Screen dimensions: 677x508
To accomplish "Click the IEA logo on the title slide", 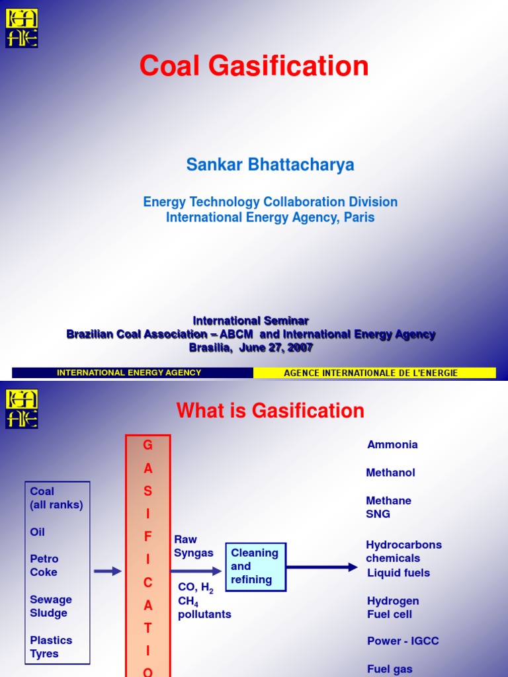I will [22, 28].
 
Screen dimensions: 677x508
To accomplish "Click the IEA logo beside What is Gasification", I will [22, 409].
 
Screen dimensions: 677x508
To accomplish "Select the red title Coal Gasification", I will [254, 67].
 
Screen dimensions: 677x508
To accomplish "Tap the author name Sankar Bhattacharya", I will [270, 165].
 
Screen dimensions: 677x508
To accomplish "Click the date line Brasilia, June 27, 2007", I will [251, 348].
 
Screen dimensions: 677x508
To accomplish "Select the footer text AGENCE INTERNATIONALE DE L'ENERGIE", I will [370, 373].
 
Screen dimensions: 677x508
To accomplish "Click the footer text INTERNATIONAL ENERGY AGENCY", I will [129, 373].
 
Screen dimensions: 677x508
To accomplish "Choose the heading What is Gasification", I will [270, 411].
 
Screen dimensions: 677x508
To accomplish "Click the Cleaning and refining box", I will [255, 567].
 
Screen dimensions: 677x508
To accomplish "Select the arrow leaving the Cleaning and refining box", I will [322, 567].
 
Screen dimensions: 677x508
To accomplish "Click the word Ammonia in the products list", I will [392, 445].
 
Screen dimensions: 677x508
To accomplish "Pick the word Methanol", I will [390, 473].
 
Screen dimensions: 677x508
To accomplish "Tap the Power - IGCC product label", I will [403, 641].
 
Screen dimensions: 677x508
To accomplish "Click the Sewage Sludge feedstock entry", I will [51, 606].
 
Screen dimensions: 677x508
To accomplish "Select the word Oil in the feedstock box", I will [38, 532].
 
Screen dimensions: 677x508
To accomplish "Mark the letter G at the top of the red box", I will [148, 446].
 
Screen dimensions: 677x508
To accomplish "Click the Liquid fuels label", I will [398, 573].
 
